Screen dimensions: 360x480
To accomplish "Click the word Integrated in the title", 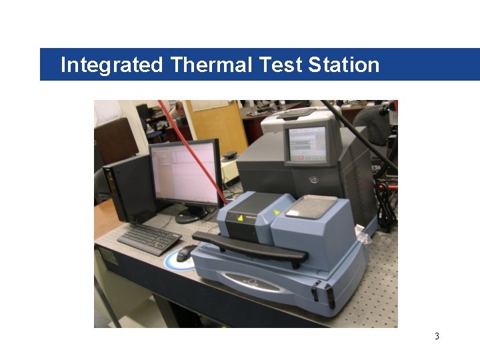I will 111,65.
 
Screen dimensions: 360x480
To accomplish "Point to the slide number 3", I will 437,336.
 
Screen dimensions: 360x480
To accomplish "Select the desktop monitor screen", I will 185,173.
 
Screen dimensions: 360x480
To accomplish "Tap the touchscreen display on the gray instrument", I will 307,143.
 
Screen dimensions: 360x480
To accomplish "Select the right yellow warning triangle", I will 277,213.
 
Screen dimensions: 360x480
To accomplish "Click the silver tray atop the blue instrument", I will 310,207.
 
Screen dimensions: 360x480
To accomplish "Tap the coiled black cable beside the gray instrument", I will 385,203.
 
